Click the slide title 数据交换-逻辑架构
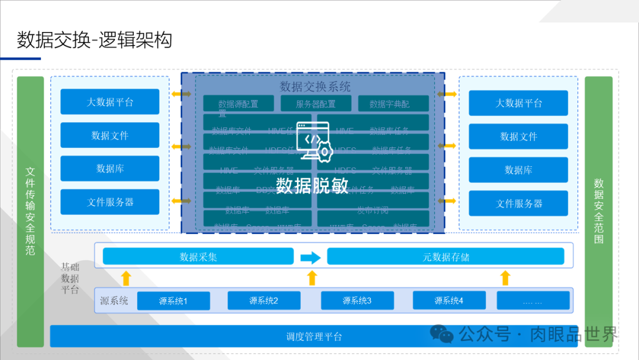[95, 40]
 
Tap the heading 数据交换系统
[315, 86]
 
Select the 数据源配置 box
[238, 104]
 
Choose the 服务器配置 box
[316, 104]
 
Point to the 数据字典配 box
[393, 104]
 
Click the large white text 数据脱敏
[312, 185]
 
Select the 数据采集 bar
[198, 257]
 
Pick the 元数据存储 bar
[446, 257]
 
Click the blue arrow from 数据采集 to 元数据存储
[310, 258]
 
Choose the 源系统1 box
[173, 301]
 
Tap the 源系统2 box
[263, 301]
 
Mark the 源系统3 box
[357, 301]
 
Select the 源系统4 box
[449, 301]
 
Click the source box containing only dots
[532, 301]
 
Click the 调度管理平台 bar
[314, 336]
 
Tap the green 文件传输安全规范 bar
[30, 211]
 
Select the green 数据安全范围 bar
[599, 211]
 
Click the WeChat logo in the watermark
[441, 335]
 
